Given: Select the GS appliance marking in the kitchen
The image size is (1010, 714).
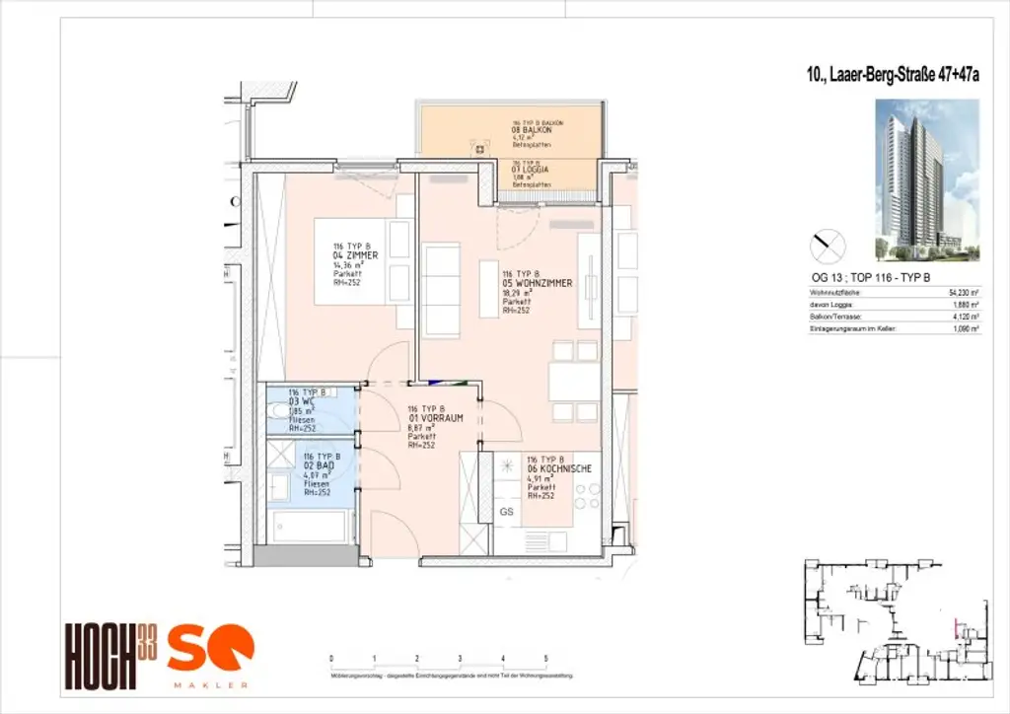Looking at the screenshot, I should tap(507, 512).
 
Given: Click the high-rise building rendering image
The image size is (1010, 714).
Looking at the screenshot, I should tap(926, 178).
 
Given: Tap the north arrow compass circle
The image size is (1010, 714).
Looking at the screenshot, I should tap(827, 243).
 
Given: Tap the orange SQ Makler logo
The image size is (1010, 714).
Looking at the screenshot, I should tap(210, 655).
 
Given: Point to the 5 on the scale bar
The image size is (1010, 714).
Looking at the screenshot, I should tap(546, 657).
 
